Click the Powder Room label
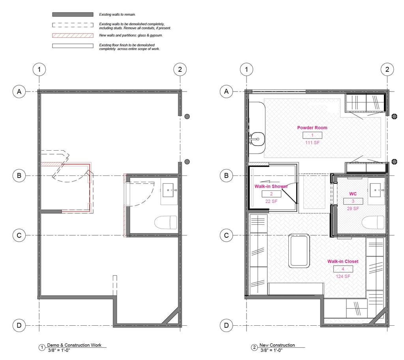point(312,128)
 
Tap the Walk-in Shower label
point(271,186)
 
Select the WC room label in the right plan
point(353,194)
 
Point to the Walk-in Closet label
point(343,261)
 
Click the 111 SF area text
point(312,143)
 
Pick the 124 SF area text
point(343,276)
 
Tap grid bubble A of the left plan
point(19,91)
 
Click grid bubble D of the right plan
point(226,325)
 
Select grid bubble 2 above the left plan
point(180,69)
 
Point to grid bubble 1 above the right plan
point(246,69)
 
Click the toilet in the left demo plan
point(166,222)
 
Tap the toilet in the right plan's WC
point(373,222)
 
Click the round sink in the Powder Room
point(257,139)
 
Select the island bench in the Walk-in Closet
point(299,251)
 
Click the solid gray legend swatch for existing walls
point(73,15)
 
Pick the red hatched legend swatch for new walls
point(73,35)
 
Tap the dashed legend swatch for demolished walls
point(73,25)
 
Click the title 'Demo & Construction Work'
point(74,345)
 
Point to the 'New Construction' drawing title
point(277,345)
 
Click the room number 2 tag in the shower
point(271,194)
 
